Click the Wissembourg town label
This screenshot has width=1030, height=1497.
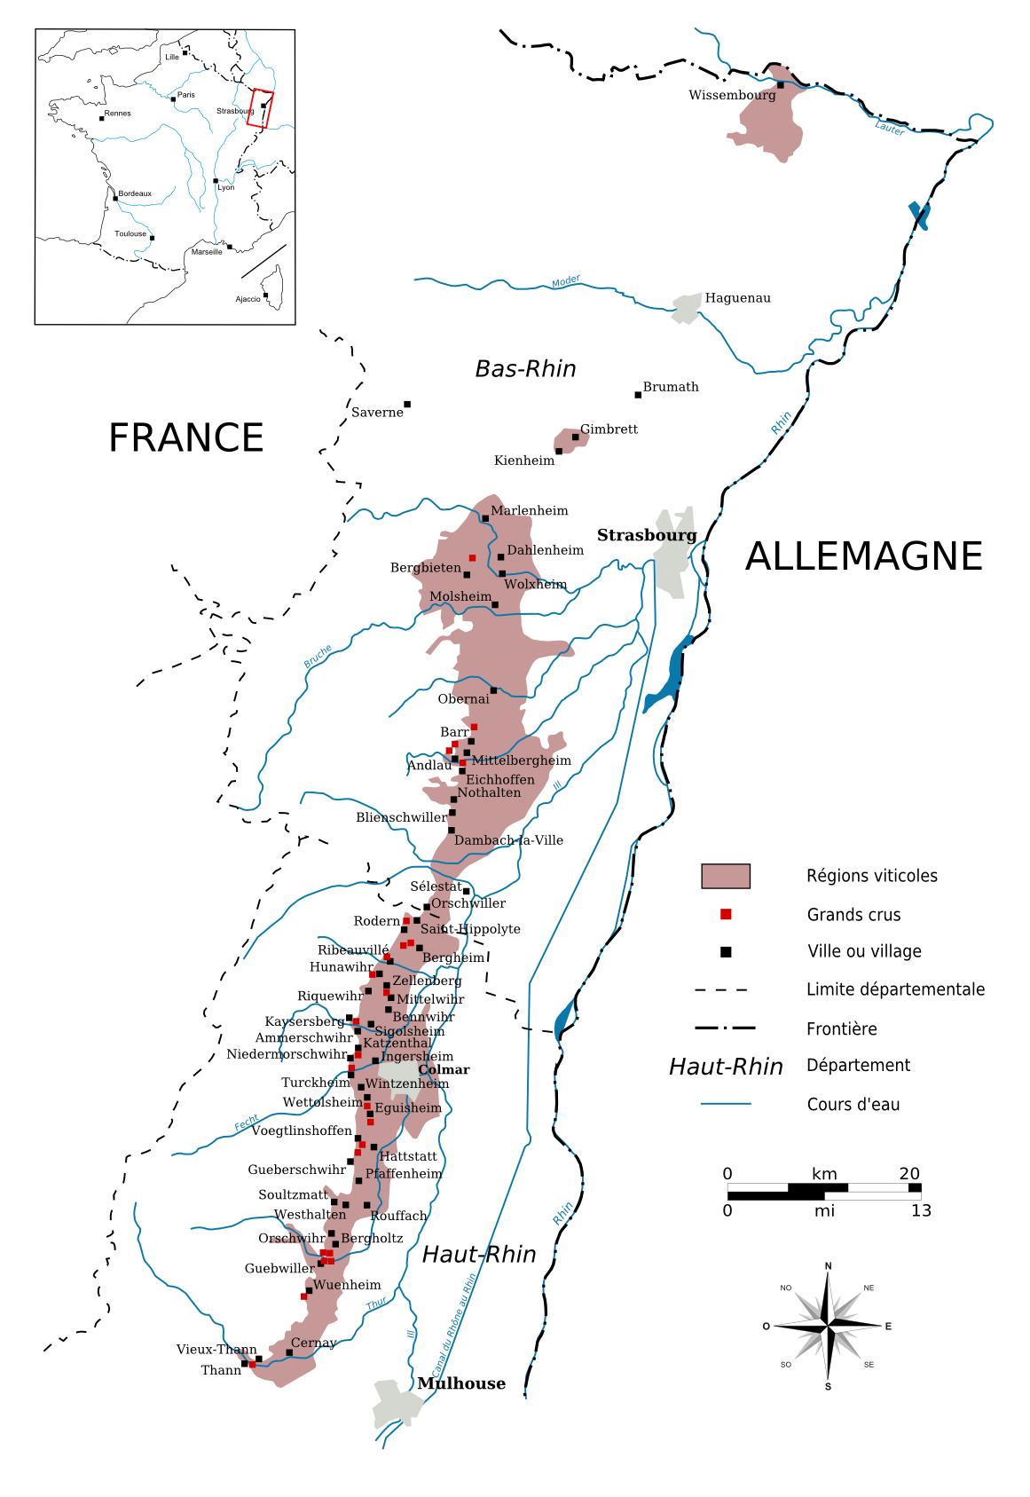[x=732, y=95]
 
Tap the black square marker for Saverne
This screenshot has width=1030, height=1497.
[x=407, y=405]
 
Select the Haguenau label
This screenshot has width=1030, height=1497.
[x=737, y=298]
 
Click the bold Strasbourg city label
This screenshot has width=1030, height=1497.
[x=646, y=535]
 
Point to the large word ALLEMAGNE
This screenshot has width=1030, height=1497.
[x=863, y=556]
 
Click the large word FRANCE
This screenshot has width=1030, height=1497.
[x=186, y=437]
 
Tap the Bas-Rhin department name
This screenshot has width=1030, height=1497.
[x=525, y=368]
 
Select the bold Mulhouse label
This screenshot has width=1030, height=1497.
[x=461, y=1383]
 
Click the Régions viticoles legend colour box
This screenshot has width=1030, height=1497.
[x=726, y=876]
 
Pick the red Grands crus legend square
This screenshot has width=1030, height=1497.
[x=726, y=914]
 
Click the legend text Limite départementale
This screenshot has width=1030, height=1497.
[x=895, y=989]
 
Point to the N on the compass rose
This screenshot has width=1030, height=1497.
[x=828, y=1266]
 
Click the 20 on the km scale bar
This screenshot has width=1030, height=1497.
[x=908, y=1174]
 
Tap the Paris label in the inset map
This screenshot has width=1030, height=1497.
[x=185, y=95]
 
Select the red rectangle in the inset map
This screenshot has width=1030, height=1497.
[x=260, y=109]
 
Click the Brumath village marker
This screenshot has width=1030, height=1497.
[x=637, y=395]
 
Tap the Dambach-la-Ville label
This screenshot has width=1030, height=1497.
[x=508, y=840]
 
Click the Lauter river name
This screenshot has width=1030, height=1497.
[x=888, y=128]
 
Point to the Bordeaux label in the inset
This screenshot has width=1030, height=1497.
[x=135, y=193]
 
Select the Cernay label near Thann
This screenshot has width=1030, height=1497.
[x=313, y=1343]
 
